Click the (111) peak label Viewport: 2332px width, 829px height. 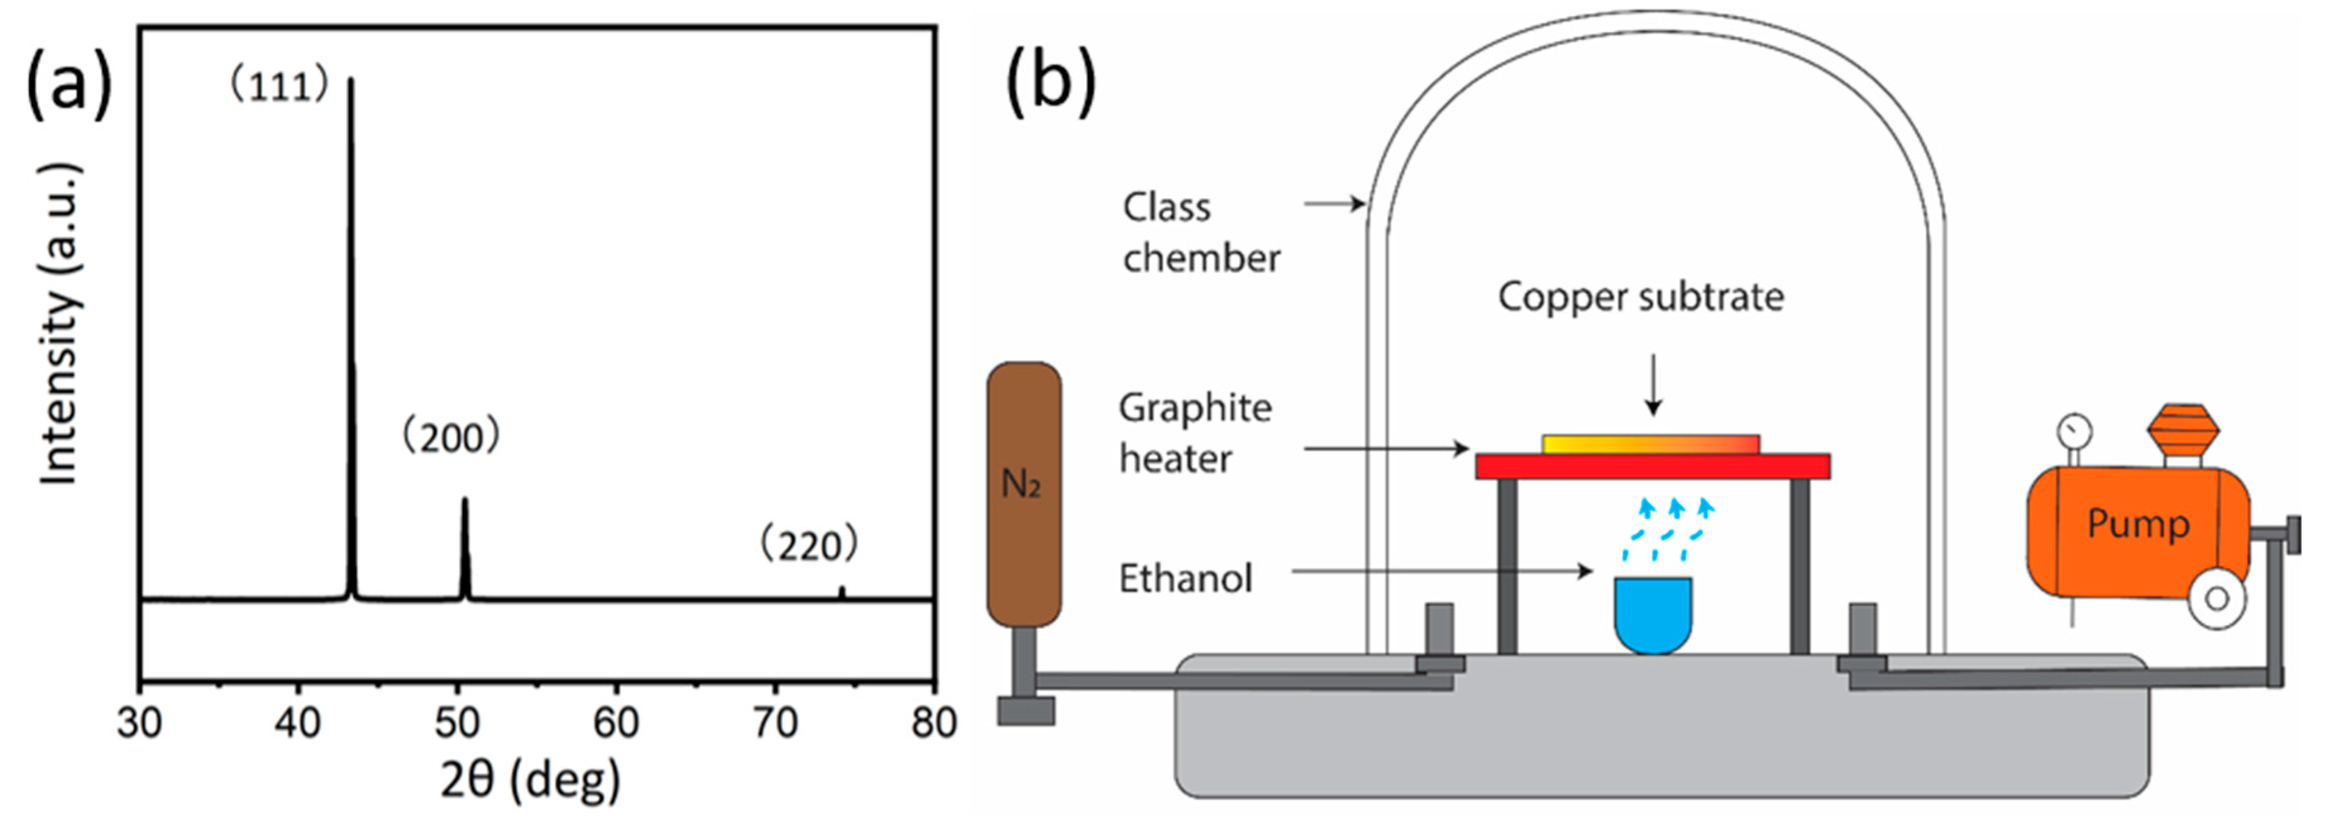click(278, 87)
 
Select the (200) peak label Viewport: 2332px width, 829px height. click(451, 438)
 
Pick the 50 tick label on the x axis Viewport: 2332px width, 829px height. click(457, 723)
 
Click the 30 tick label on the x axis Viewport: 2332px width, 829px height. click(140, 723)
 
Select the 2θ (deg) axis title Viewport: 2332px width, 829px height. click(530, 780)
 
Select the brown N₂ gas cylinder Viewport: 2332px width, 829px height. click(1024, 494)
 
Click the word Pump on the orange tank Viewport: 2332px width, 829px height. click(2139, 523)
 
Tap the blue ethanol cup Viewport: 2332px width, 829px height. click(1653, 614)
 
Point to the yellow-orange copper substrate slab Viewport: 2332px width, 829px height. click(1651, 444)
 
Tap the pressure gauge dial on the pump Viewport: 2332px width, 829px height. click(2074, 428)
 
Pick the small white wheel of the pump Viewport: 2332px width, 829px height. click(2216, 598)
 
